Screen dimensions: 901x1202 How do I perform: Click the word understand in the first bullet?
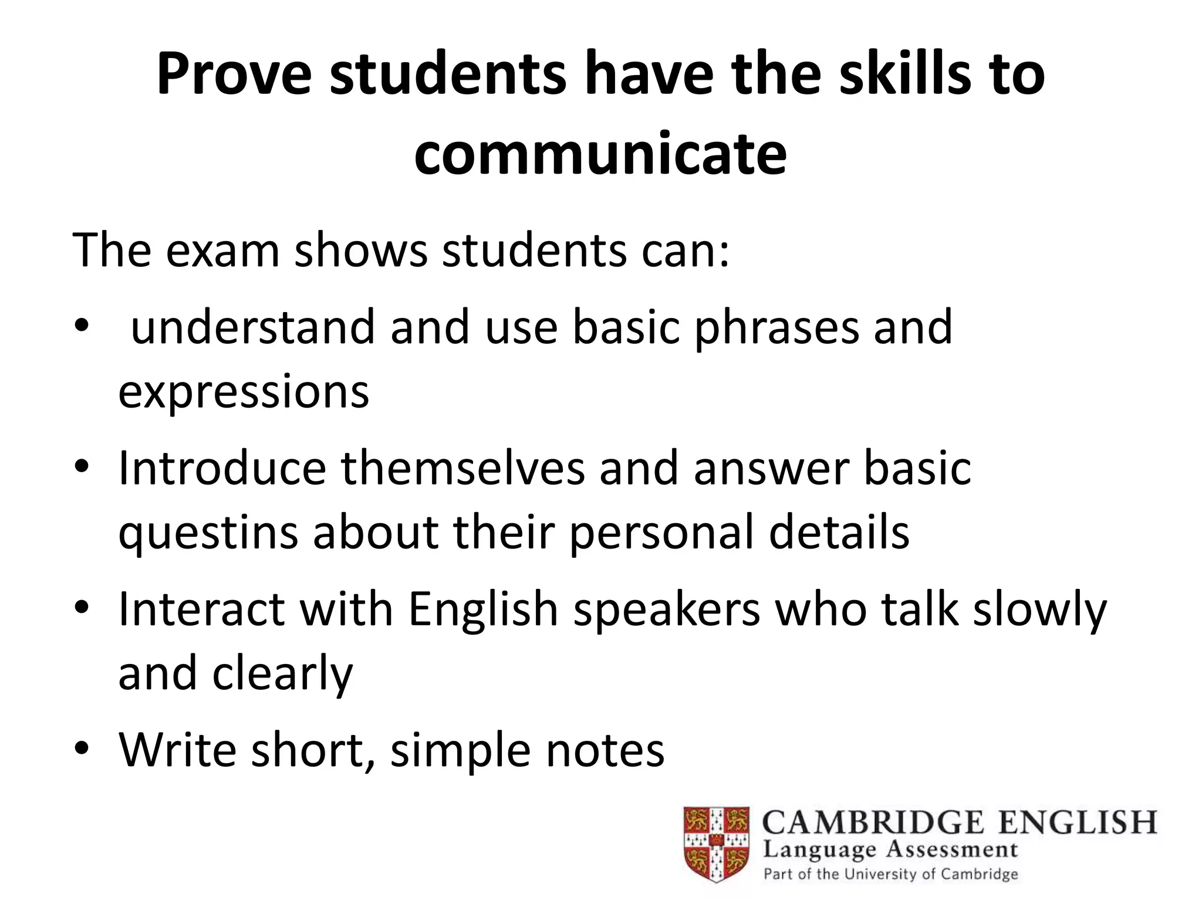coord(252,327)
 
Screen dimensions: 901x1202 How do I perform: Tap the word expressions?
coord(244,392)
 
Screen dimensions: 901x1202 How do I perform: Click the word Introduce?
coord(222,468)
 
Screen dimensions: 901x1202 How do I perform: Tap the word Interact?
coord(201,609)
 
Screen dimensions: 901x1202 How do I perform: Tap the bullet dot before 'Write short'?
coord(82,748)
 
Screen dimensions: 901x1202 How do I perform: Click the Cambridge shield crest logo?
coord(716,844)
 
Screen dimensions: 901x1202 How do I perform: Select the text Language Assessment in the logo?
coord(890,849)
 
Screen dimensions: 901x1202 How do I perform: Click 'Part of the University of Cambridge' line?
coord(890,874)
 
